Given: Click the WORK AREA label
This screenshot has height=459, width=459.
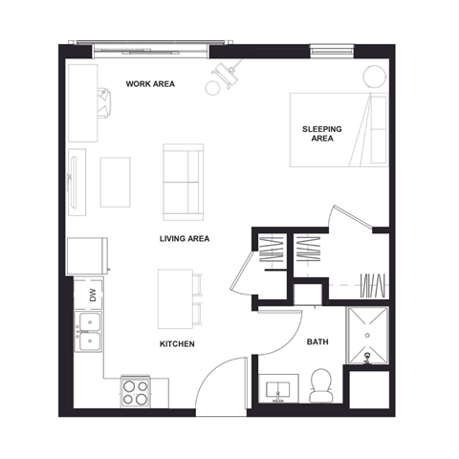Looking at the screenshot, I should click(150, 84).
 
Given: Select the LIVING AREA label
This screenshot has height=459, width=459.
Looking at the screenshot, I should click(185, 238).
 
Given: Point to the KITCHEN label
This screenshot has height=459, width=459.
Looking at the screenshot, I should click(177, 343).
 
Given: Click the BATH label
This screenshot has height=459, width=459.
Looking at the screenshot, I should click(317, 342).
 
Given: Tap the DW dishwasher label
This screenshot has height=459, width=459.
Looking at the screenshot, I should click(93, 296).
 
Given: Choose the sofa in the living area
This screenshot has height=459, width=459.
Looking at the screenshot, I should click(182, 182).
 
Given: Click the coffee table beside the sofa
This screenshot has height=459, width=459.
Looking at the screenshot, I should click(115, 182).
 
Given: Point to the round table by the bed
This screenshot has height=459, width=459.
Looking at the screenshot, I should click(371, 76).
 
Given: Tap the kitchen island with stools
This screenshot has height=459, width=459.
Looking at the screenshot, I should click(175, 297).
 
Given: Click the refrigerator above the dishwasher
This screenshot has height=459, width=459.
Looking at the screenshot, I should click(87, 254).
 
